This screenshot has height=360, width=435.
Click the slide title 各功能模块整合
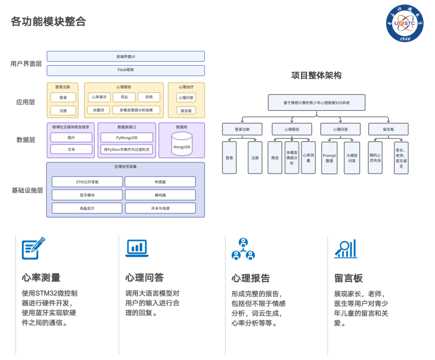(x=48, y=22)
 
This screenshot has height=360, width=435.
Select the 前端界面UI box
(x=126, y=56)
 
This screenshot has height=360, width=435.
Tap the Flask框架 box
(x=126, y=70)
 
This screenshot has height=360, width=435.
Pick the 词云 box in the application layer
(x=124, y=97)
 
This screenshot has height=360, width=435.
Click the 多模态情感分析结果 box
(x=136, y=110)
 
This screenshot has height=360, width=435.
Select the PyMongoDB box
(x=126, y=137)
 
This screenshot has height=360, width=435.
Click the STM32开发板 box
(x=87, y=181)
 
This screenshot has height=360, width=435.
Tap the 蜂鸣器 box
(x=160, y=195)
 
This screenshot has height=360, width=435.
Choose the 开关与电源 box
(x=160, y=208)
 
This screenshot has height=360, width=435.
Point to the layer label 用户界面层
(x=26, y=63)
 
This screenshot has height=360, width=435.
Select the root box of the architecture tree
(x=317, y=102)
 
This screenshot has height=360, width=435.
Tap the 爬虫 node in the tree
(x=275, y=157)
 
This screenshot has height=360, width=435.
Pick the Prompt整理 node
(x=329, y=157)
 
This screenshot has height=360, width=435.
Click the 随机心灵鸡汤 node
(x=375, y=157)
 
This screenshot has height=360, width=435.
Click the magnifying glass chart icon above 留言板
(x=345, y=248)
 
